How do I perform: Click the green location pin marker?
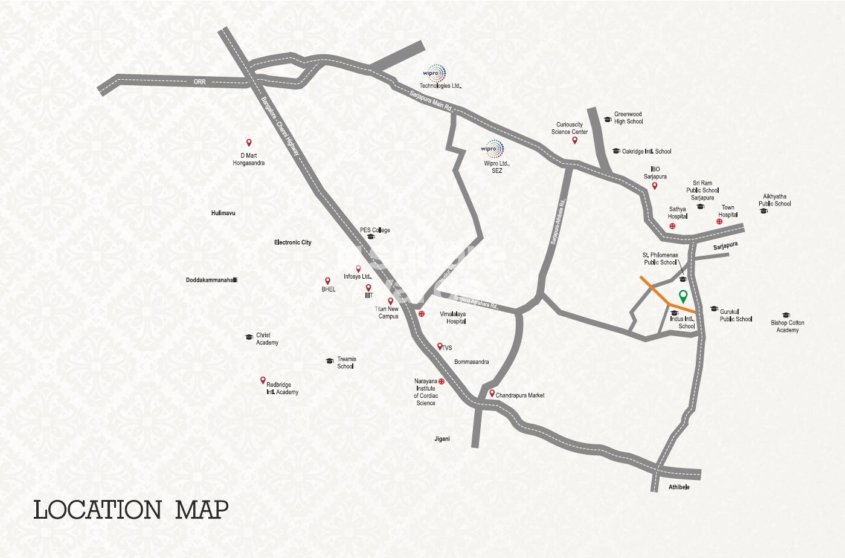683,296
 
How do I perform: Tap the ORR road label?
199,82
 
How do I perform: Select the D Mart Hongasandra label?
248,159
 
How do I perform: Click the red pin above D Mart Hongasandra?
248,143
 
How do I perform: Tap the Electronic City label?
292,242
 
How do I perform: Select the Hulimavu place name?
223,213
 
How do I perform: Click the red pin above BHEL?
327,281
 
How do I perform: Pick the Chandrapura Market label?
519,395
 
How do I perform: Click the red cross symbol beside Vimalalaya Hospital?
422,314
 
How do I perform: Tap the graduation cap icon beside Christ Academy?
248,337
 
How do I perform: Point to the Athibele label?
679,487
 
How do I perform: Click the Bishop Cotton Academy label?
787,326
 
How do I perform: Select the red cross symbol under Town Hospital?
719,222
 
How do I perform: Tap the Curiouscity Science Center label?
569,128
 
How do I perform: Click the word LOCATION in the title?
97,510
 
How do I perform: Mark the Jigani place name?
442,439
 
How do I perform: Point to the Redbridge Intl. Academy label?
282,388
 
